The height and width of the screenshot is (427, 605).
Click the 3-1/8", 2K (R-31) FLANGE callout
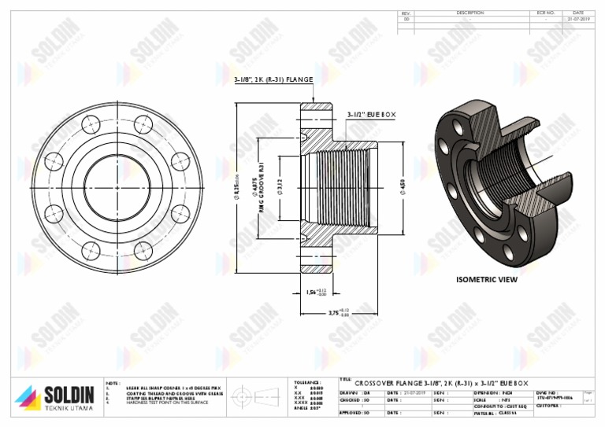click(273, 79)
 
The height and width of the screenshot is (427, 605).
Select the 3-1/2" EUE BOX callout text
click(371, 115)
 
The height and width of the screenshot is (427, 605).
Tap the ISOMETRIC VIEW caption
click(487, 279)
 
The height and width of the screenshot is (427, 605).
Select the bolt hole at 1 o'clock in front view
click(143, 124)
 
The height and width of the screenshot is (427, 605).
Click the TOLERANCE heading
click(306, 382)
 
